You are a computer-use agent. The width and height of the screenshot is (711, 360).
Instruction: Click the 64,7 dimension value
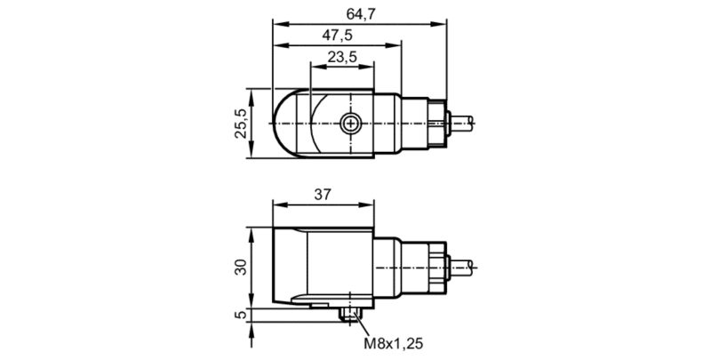[362, 14]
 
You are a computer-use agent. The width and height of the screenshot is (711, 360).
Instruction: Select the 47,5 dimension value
[337, 35]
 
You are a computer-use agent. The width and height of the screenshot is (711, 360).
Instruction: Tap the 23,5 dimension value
[342, 57]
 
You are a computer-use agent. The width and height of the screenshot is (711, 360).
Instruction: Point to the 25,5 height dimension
[241, 124]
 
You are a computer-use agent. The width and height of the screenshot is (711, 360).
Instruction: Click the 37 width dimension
[323, 195]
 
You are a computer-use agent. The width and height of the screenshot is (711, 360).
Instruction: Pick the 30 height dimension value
[241, 267]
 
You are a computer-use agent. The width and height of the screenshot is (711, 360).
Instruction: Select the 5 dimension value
[241, 314]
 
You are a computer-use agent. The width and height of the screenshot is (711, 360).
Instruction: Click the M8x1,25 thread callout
[394, 343]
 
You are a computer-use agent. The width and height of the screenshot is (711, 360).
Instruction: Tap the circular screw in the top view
[350, 123]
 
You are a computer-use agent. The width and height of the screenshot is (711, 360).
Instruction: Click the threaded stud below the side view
[350, 315]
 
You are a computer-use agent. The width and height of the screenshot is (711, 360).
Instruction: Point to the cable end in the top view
[461, 123]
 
